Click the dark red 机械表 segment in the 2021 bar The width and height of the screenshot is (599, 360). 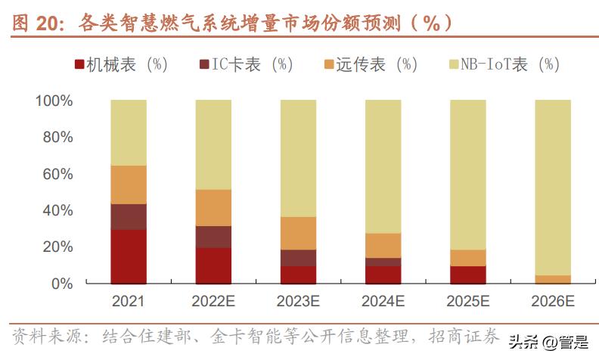128,256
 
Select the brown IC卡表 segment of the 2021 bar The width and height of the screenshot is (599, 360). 128,216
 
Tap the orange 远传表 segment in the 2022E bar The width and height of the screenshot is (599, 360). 213,207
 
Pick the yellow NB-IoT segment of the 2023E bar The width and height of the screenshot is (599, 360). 298,158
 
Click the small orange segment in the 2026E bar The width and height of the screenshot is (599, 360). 552,279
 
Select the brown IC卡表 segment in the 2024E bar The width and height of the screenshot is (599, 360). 383,262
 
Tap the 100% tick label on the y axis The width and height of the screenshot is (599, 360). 54,101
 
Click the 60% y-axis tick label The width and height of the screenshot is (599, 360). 57,174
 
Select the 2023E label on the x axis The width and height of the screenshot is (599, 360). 298,302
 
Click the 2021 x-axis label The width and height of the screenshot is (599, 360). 128,302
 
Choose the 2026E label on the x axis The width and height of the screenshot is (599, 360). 552,302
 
